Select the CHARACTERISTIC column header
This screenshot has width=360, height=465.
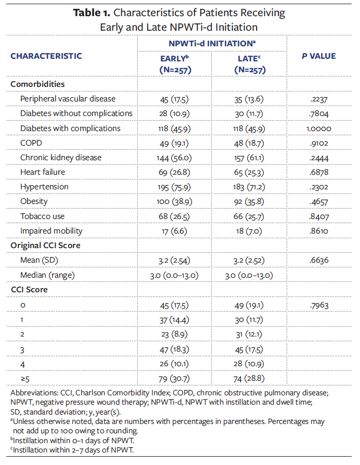coord(46,56)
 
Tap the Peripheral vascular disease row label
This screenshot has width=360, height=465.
coord(68,99)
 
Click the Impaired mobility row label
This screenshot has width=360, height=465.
coord(52,230)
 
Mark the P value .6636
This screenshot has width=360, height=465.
coord(319,260)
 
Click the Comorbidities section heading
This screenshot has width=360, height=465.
coord(37,84)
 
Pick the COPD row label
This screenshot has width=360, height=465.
coord(31,143)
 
